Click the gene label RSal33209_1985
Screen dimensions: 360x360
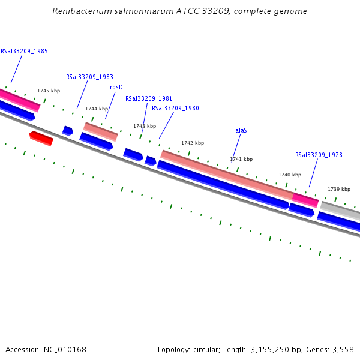[24, 51]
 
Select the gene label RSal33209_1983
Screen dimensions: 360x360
[89, 77]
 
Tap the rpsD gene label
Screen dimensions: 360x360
[116, 87]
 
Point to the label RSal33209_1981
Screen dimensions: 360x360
[149, 98]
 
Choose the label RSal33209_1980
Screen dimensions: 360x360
[175, 109]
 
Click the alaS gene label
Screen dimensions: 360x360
[241, 130]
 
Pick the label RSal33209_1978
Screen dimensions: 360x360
[319, 155]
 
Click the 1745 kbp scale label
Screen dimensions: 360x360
[49, 91]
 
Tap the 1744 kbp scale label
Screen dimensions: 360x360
[97, 109]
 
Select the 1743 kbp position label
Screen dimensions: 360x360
[145, 126]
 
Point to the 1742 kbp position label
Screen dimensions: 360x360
[193, 143]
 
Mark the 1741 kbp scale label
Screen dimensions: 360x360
[241, 159]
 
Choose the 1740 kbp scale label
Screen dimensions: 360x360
[290, 175]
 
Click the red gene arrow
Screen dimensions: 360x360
[41, 138]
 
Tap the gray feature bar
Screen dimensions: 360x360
[340, 211]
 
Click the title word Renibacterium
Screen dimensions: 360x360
[80, 11]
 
